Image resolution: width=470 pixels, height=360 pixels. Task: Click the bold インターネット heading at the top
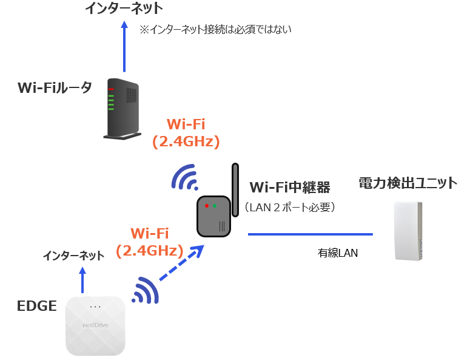pyautogui.click(x=124, y=8)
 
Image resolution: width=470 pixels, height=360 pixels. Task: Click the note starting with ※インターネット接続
pyautogui.click(x=215, y=29)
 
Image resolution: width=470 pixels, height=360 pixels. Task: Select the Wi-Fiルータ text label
pyautogui.click(x=55, y=88)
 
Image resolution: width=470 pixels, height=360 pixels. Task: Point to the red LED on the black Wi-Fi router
pyautogui.click(x=111, y=89)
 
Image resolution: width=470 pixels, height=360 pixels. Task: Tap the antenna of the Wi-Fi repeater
pyautogui.click(x=235, y=189)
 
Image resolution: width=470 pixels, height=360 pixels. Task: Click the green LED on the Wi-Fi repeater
pyautogui.click(x=214, y=206)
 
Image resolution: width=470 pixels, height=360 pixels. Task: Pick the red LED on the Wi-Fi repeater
pyautogui.click(x=207, y=206)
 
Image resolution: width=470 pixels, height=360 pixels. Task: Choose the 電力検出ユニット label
pyautogui.click(x=408, y=183)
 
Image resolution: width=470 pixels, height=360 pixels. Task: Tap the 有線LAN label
pyautogui.click(x=338, y=253)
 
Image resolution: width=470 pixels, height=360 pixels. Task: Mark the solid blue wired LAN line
pyautogui.click(x=310, y=234)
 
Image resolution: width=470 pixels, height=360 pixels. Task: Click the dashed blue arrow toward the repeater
pyautogui.click(x=181, y=263)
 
